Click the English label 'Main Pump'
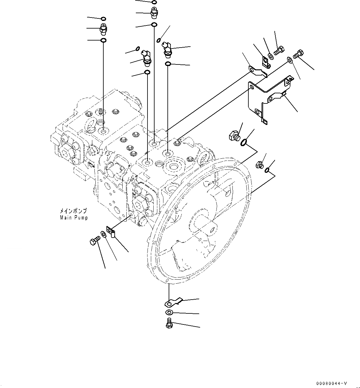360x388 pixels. coord(74,218)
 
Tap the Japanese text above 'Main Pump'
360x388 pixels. coord(73,211)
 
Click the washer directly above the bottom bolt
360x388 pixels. coord(169,312)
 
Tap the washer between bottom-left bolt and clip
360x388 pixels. coord(104,234)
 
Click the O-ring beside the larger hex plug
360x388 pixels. coord(244,142)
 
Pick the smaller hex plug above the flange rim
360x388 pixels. coord(259,165)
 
